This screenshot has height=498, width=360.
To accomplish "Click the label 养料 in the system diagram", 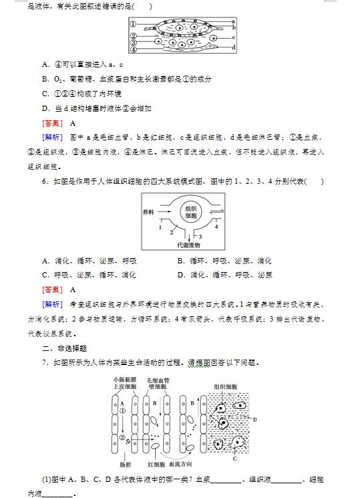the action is [149, 212].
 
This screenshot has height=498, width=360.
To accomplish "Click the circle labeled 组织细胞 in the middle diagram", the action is [191, 212].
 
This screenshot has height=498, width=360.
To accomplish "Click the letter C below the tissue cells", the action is [234, 459].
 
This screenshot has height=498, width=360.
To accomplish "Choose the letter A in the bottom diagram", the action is [121, 403].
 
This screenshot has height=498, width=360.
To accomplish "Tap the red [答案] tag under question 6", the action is [52, 289].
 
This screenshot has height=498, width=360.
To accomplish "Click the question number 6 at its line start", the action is [44, 181].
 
